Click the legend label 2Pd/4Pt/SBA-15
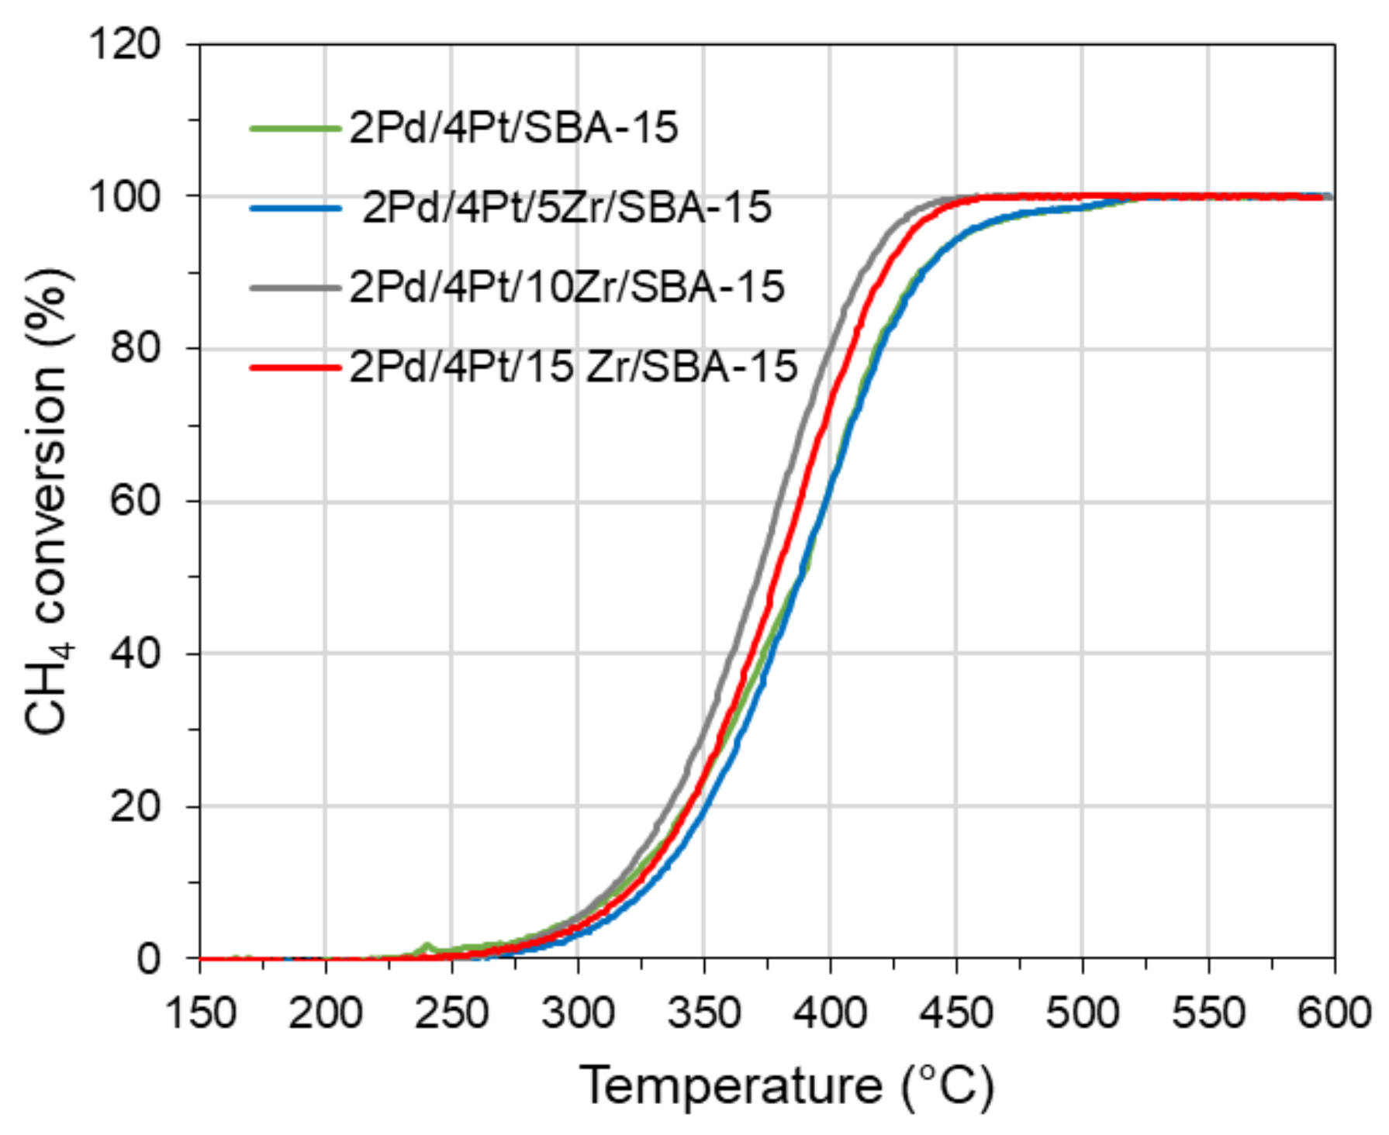[513, 128]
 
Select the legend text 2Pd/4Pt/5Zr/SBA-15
[567, 208]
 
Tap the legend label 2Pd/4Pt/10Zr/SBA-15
[567, 287]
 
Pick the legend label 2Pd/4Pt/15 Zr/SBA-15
[573, 366]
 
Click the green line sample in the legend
[295, 128]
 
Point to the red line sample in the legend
[295, 367]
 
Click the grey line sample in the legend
[295, 288]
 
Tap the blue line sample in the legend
[295, 208]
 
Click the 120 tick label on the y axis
[124, 44]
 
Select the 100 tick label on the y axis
[124, 196]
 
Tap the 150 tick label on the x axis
[200, 1013]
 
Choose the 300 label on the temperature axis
[578, 1013]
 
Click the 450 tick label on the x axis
[956, 1013]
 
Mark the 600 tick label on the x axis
[1333, 1013]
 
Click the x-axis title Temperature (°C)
[786, 1085]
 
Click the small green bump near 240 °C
[426, 947]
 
